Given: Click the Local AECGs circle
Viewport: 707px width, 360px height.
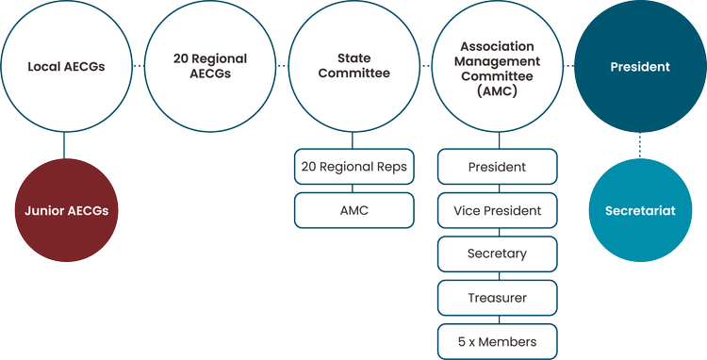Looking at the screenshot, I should click(x=65, y=67).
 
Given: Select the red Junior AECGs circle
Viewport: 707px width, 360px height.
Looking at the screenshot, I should click(x=65, y=211).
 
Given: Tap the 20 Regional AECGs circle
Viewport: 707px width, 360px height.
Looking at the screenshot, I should click(x=210, y=67).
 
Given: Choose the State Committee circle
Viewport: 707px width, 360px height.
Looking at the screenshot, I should click(x=353, y=67).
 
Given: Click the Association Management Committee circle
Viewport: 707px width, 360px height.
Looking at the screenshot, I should click(x=497, y=67).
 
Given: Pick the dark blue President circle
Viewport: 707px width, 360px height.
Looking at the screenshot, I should click(x=640, y=67).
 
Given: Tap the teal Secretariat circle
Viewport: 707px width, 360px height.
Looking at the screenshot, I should click(x=640, y=211).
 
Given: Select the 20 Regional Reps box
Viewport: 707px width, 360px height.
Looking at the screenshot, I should click(x=353, y=168).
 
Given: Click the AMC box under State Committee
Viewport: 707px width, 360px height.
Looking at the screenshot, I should click(x=353, y=210).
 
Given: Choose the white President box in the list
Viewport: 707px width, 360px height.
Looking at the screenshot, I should click(x=497, y=168).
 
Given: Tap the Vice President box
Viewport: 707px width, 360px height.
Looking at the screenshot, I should click(x=497, y=210).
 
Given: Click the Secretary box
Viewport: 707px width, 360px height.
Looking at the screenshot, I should click(x=497, y=254).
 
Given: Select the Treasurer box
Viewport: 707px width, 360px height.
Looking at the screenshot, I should click(x=497, y=297).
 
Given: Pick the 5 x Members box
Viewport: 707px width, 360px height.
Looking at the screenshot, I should click(x=497, y=340).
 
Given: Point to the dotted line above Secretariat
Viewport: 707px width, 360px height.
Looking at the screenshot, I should click(x=640, y=145).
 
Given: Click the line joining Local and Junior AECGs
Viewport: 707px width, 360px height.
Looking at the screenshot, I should click(x=65, y=145).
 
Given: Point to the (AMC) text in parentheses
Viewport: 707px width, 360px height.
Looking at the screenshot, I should click(x=497, y=90).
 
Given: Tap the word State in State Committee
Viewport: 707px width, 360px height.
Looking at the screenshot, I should click(x=353, y=58).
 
